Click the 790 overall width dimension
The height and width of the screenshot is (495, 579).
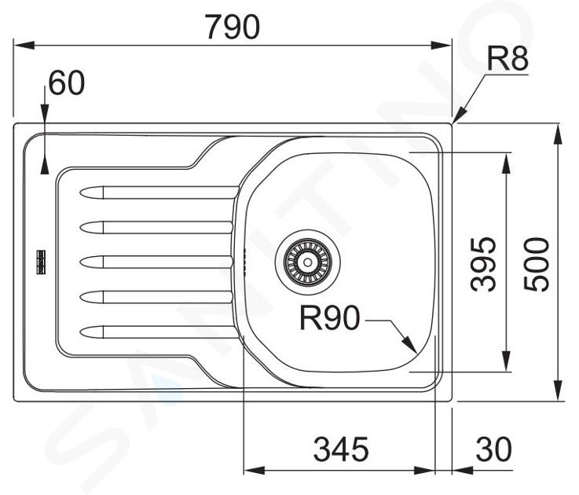pos(233,27)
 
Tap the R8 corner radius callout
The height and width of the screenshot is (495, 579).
pos(508,58)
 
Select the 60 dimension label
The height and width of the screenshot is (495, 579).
pos(67,82)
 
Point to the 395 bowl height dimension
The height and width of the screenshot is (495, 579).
pos(483,264)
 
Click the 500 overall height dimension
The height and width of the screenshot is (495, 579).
pos(537,264)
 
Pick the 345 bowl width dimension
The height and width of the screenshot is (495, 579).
pos(341,449)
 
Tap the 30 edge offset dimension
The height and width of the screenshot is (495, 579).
pos(493,449)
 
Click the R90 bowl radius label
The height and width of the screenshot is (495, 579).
pos(329,317)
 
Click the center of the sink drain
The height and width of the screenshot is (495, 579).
pos(307,262)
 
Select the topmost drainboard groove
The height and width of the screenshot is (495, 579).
pos(159,192)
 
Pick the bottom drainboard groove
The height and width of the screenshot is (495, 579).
pos(159,332)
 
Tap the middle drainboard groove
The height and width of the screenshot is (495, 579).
pos(156,262)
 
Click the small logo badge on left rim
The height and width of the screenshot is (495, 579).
pos(41,262)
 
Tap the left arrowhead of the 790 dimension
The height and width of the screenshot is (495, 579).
pos(24,46)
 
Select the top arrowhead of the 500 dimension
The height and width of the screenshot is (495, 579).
pos(559,134)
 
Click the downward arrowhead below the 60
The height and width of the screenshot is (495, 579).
pos(44,114)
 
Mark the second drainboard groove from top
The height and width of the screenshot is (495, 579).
pos(156,227)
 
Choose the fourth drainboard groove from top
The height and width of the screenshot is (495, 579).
pos(156,297)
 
